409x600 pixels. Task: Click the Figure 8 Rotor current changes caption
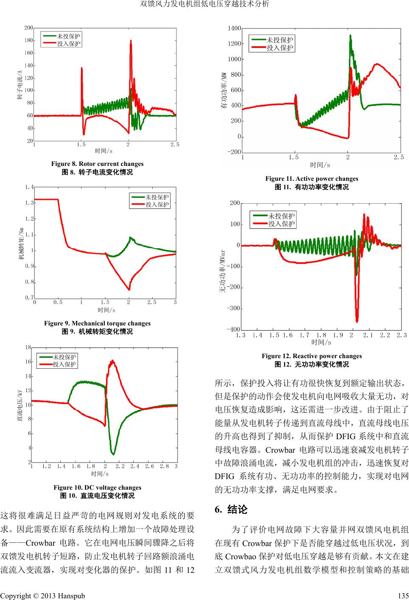tap(97, 164)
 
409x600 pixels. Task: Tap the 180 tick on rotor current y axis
tap(29, 41)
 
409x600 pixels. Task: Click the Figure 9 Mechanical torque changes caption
tap(97, 323)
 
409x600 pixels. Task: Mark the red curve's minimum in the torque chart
tap(129, 290)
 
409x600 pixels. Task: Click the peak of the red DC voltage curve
tap(112, 361)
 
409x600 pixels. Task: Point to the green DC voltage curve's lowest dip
tap(113, 454)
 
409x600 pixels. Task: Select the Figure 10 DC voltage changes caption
tap(97, 488)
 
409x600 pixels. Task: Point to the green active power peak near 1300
tap(350, 36)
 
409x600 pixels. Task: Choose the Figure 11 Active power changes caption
tap(311, 179)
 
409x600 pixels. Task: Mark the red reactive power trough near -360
tap(357, 321)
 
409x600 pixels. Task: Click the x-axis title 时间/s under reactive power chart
tap(321, 342)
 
